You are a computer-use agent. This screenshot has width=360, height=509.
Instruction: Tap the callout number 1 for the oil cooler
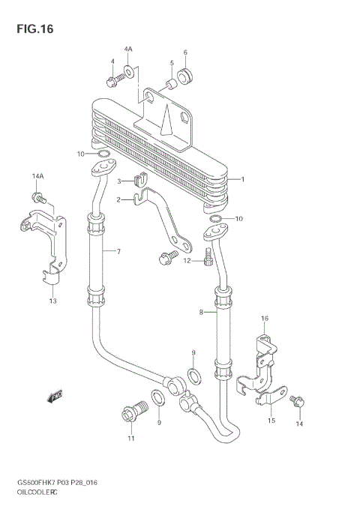pyautogui.click(x=243, y=179)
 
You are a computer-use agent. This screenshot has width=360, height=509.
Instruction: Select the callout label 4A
pyautogui.click(x=127, y=49)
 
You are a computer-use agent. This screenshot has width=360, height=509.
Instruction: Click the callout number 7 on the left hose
pyautogui.click(x=118, y=251)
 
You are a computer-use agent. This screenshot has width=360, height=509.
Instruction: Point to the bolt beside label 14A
pyautogui.click(x=38, y=199)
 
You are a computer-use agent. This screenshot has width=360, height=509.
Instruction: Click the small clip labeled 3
pyautogui.click(x=138, y=180)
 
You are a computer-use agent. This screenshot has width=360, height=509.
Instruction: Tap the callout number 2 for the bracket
pyautogui.click(x=118, y=199)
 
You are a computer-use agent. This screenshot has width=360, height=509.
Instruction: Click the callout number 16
pyautogui.click(x=264, y=319)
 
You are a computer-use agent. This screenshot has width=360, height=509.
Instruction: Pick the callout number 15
pyautogui.click(x=271, y=421)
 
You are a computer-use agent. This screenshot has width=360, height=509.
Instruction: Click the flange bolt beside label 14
pyautogui.click(x=295, y=402)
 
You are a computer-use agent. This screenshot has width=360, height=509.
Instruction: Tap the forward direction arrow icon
pyautogui.click(x=55, y=395)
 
